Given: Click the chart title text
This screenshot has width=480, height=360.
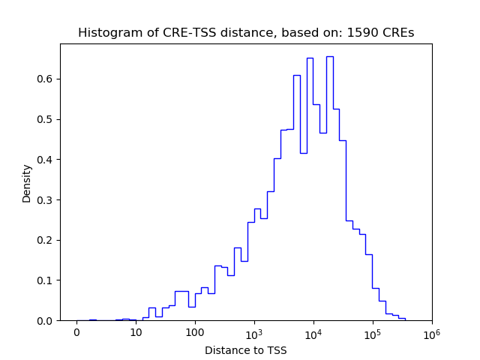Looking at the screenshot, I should coord(246,33).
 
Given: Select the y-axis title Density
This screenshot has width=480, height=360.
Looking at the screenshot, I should coord(27,183).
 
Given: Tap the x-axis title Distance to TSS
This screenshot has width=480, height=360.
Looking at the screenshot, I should coord(246,350).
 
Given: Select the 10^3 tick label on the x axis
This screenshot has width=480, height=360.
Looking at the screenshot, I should coord(254,332).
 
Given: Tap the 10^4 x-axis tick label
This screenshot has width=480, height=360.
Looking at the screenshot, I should coord(313,332).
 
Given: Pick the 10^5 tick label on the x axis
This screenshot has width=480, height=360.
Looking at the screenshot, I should coord(373,332).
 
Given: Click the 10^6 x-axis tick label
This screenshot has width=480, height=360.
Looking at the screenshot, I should coord(432,332).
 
